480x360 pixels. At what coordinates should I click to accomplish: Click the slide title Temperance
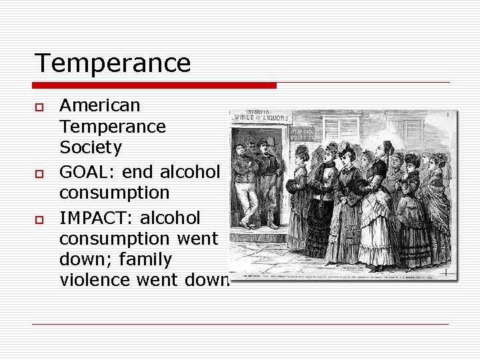pos(113,63)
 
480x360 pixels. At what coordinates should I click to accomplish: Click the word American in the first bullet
pos(100,105)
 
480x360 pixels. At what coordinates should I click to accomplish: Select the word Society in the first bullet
pos(91,147)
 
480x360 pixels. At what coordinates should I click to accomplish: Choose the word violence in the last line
pos(95,280)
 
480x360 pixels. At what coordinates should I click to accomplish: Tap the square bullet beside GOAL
pos(39,173)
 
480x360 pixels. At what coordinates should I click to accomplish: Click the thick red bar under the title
pos(155,85)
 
